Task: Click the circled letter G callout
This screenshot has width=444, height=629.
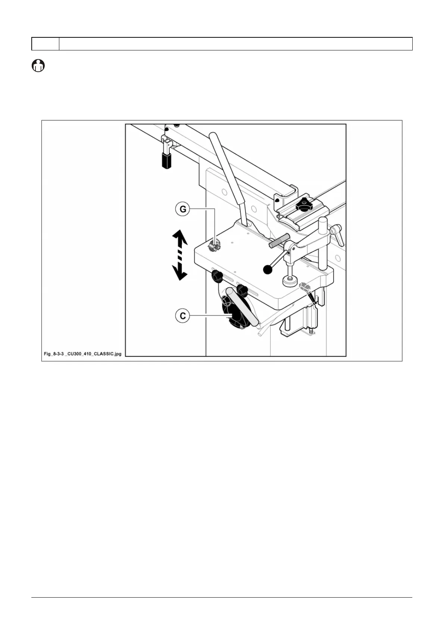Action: click(x=183, y=209)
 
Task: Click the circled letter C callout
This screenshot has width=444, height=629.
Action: click(x=183, y=316)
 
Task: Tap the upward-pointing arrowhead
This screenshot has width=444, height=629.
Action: click(x=179, y=237)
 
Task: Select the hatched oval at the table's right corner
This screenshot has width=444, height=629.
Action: click(x=305, y=286)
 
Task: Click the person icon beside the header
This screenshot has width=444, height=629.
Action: click(x=38, y=66)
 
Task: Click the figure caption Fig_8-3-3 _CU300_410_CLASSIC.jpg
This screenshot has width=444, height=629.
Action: click(x=82, y=353)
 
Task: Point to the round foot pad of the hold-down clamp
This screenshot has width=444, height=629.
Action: click(x=290, y=281)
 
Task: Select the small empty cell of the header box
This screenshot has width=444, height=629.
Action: click(x=45, y=44)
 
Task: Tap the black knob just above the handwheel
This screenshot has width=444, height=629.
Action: click(x=242, y=290)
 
